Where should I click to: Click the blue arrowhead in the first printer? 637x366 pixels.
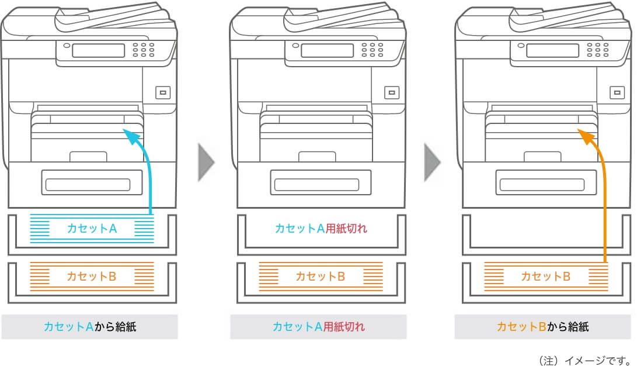(x=132, y=137)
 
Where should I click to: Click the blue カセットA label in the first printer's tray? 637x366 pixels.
(x=92, y=229)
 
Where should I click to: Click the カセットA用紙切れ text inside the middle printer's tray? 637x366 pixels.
(x=321, y=229)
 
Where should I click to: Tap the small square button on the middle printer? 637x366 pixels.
(x=391, y=92)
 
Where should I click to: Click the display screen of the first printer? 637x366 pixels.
(x=98, y=50)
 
